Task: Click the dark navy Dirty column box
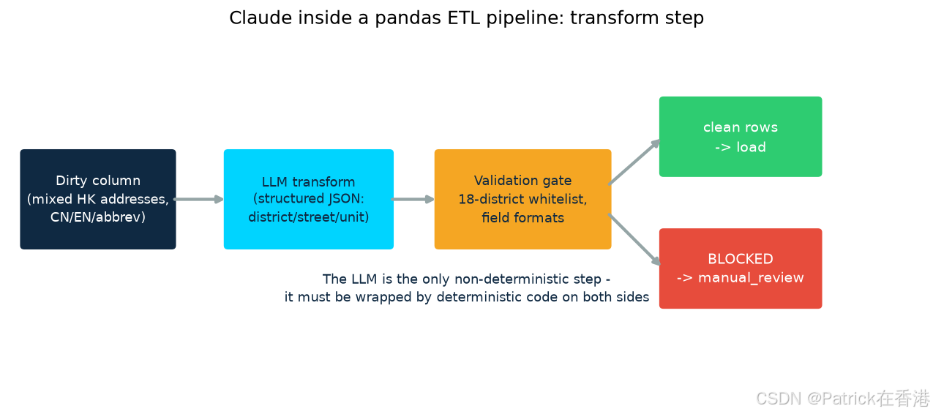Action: [x=98, y=199]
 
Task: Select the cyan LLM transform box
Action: [x=309, y=199]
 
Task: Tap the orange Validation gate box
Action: [x=522, y=199]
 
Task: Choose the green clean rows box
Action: [x=741, y=137]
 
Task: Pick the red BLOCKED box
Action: [x=741, y=268]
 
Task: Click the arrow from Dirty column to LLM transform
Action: [x=199, y=200]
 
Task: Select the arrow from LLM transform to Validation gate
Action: [x=413, y=200]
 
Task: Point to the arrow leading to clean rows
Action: [x=634, y=162]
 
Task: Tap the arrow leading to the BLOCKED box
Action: [x=634, y=239]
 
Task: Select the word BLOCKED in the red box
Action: [x=741, y=259]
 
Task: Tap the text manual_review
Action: [x=751, y=278]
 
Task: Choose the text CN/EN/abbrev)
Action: [x=98, y=217]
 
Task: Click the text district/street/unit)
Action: [x=309, y=217]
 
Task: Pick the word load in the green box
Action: [x=751, y=147]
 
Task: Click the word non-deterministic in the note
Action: [x=528, y=279]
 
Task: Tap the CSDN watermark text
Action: [x=842, y=399]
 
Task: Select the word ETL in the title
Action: [x=464, y=18]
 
